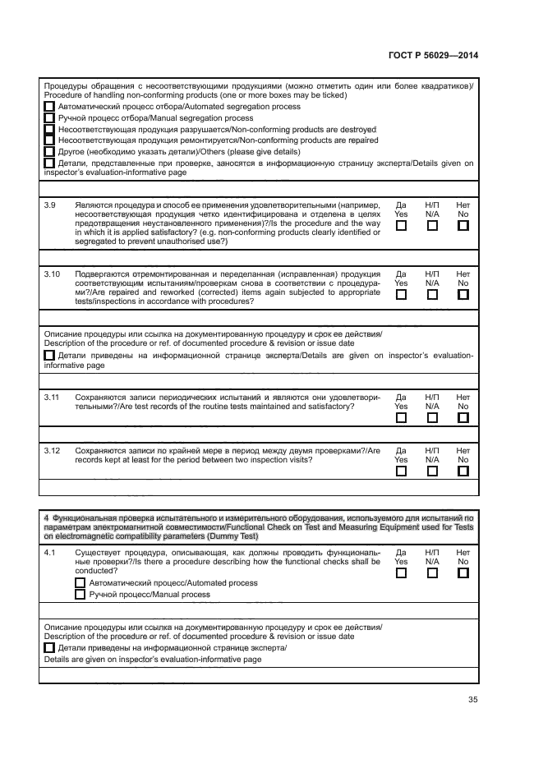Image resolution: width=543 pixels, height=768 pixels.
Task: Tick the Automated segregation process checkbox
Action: pyautogui.click(x=50, y=107)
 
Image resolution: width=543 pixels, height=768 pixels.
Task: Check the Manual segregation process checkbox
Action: pyautogui.click(x=50, y=118)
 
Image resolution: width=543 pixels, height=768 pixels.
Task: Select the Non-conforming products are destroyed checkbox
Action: pyautogui.click(x=50, y=130)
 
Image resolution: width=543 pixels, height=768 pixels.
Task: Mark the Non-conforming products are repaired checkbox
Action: pyautogui.click(x=50, y=140)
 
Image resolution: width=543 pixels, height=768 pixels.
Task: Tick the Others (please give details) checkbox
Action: pyautogui.click(x=50, y=152)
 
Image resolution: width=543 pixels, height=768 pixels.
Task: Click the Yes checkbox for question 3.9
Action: pyautogui.click(x=401, y=227)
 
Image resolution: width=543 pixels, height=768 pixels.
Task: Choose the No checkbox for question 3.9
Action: pyautogui.click(x=463, y=227)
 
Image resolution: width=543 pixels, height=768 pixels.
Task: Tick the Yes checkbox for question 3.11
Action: pyautogui.click(x=401, y=417)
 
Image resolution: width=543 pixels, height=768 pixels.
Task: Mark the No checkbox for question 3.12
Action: pyautogui.click(x=463, y=471)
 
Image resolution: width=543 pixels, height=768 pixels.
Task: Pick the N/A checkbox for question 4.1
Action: pyautogui.click(x=432, y=573)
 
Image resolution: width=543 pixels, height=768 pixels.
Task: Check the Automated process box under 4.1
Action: pyautogui.click(x=81, y=583)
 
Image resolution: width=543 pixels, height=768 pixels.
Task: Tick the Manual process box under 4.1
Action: pyautogui.click(x=81, y=595)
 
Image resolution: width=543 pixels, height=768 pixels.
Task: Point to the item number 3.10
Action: pyautogui.click(x=52, y=274)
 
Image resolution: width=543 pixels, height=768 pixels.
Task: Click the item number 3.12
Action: pyautogui.click(x=52, y=450)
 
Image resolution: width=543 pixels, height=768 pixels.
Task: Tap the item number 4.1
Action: pyautogui.click(x=49, y=553)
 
